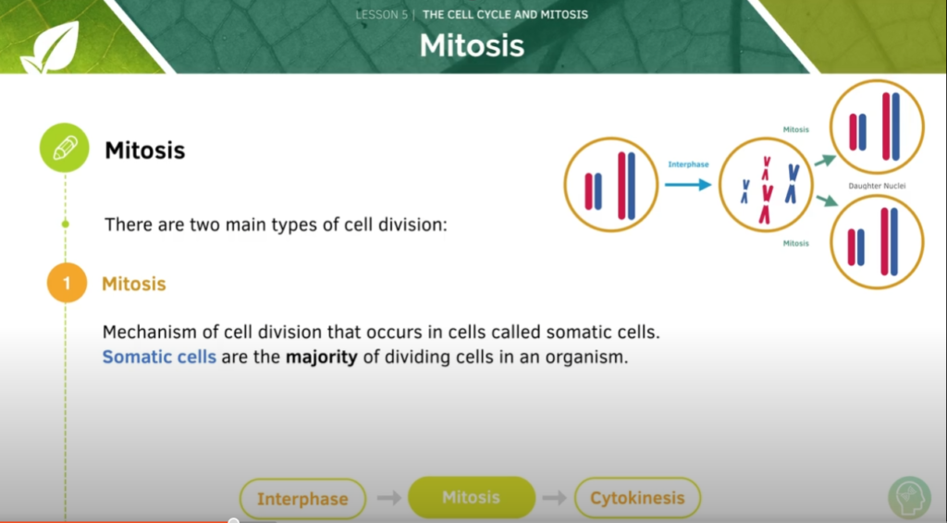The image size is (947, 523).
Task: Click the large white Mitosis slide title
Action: (x=472, y=44)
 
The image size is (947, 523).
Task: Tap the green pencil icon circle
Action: (x=65, y=149)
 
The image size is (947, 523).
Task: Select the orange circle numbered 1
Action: (x=66, y=284)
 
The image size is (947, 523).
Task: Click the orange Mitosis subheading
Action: (x=134, y=284)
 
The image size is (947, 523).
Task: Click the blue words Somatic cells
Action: (x=159, y=357)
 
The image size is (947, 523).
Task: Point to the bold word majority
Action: (x=321, y=357)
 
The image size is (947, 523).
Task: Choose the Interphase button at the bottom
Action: (x=302, y=499)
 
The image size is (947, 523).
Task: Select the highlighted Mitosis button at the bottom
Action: (x=471, y=497)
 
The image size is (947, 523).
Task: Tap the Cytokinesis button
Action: (x=637, y=498)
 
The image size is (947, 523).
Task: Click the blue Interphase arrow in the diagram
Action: (x=687, y=184)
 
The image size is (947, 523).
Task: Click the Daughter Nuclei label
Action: (x=877, y=186)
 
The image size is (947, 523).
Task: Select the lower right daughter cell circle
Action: (x=877, y=242)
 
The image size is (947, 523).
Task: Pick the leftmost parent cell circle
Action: (x=610, y=185)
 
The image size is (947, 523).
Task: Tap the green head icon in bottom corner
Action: (x=909, y=498)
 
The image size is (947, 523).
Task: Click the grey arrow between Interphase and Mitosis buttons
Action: (x=389, y=498)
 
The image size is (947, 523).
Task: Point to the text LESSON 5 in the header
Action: (x=382, y=15)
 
